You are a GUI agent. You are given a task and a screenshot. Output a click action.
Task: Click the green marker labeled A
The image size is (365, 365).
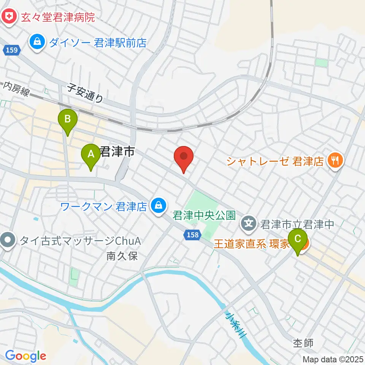(x=91, y=155)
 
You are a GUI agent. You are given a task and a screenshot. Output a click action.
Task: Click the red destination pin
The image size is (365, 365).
(x=184, y=156)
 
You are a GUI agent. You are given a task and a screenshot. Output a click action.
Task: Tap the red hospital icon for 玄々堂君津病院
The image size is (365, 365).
(x=7, y=17)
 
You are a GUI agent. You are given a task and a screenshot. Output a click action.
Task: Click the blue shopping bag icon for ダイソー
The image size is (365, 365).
(x=38, y=41)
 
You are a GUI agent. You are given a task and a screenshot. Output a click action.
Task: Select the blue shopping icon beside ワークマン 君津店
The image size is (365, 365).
(x=158, y=206)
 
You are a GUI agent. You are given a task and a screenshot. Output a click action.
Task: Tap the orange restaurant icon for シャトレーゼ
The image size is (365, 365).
(x=335, y=161)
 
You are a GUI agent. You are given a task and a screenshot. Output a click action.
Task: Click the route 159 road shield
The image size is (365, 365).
(x=12, y=50)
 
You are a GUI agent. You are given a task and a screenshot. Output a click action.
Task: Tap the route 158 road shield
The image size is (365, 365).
(x=193, y=235)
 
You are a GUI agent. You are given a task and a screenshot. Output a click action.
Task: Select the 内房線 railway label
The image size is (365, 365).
(x=16, y=90)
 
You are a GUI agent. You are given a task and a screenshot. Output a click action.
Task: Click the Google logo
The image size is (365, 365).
(x=25, y=356)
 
